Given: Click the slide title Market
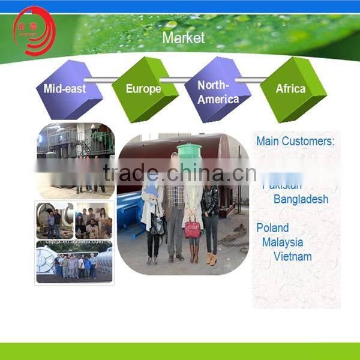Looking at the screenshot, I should pos(183,38).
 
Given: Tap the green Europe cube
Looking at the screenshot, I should pos(144,89).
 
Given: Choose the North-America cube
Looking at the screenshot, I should pos(217,91).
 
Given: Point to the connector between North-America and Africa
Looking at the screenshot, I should pos(252,80).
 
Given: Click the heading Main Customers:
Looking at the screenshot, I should pos(295,142).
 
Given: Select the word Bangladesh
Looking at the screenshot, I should pos(301,199).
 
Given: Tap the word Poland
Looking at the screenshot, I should pos(272,228).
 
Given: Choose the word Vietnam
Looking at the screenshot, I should pos(292,257).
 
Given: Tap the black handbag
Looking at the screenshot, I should pos(158,225).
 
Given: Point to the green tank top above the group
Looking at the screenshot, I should pos(189,152).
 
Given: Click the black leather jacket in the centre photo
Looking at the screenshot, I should pos(210,201).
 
